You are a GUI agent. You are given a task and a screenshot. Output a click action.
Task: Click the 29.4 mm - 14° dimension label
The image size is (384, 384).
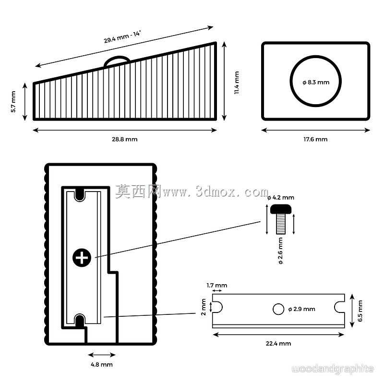[122, 37]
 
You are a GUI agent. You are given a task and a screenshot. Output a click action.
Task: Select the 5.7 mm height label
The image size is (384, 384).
[13, 102]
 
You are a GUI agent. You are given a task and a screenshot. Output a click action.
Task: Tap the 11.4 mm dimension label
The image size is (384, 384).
[237, 83]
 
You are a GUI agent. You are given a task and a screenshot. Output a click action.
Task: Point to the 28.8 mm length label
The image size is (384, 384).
[125, 139]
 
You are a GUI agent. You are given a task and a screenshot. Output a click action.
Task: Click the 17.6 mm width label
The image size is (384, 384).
[315, 139]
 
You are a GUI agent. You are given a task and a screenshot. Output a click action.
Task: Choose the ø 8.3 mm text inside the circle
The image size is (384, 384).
[316, 82]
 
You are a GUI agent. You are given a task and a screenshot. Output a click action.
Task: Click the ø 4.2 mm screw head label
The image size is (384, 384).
[281, 198]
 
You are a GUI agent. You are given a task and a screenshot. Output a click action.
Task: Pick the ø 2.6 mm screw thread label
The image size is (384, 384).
[281, 251]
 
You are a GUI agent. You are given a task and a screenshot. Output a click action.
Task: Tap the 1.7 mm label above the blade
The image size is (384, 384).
[217, 285]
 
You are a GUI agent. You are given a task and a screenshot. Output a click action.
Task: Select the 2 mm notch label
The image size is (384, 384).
[203, 307]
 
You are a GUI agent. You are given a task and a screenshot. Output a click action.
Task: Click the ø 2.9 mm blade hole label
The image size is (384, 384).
[302, 309]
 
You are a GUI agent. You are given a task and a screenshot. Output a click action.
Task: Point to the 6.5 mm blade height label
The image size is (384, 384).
[360, 311]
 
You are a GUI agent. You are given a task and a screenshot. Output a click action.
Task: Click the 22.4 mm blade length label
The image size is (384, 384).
[278, 344]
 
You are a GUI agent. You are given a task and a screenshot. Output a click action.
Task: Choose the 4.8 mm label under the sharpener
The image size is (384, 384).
[102, 365]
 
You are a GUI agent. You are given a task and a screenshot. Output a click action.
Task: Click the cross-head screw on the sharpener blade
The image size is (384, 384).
[82, 258]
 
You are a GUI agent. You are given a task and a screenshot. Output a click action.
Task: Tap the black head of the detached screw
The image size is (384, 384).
[281, 210]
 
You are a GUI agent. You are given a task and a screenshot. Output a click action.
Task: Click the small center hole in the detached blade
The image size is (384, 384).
[278, 309]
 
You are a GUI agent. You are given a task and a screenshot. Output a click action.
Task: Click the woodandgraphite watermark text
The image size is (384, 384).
[333, 369]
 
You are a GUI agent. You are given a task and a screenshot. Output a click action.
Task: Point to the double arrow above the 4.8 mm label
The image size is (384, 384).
[102, 355]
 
